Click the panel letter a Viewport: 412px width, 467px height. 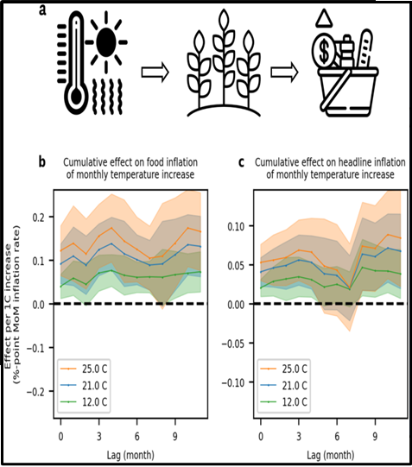(43, 9)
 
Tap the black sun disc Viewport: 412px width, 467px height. (106, 41)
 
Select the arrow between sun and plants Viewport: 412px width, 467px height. (155, 73)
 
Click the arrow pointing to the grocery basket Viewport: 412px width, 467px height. (284, 73)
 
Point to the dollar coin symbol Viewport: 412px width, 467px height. (324, 50)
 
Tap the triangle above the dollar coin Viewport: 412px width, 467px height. (324, 17)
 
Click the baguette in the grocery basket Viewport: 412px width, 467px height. (364, 48)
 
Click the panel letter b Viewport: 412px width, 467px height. (42, 162)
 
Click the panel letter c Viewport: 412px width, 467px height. (241, 162)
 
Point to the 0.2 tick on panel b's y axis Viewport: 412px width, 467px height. (39, 217)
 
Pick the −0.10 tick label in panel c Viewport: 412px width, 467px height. (234, 382)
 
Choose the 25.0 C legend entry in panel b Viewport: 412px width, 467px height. (84, 369)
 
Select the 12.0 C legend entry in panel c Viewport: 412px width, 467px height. (283, 401)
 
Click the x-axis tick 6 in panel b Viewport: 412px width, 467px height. (137, 437)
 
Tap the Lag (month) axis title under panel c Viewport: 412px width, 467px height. (331, 455)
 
